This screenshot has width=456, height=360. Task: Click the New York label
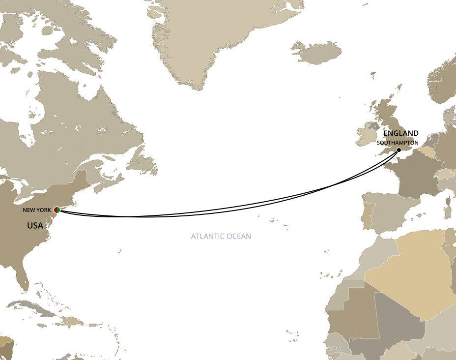point(37,210)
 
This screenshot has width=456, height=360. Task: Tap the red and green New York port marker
point(57,210)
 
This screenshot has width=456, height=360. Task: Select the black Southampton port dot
point(399,150)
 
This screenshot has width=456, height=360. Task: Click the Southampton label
point(398,143)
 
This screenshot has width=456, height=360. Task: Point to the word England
point(401,133)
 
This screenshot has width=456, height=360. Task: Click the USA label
point(35,226)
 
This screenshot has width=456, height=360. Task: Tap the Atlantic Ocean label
point(221,237)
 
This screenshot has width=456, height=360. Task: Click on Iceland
point(317,52)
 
